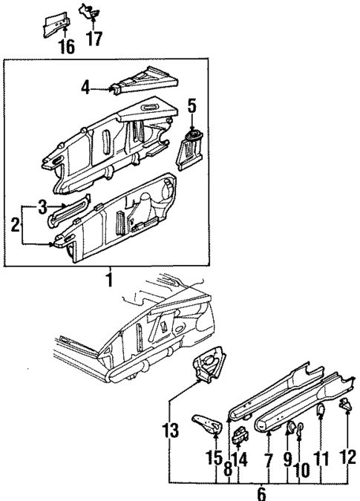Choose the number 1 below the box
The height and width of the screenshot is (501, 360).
[109, 280]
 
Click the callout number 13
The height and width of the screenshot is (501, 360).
[170, 431]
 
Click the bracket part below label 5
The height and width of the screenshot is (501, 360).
[192, 148]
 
